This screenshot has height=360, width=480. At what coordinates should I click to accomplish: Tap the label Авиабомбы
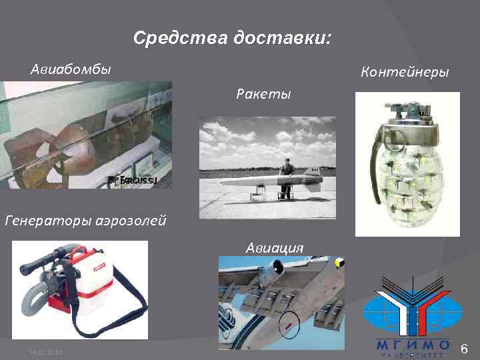coord(71,69)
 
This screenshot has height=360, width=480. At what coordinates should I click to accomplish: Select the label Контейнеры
coord(404,71)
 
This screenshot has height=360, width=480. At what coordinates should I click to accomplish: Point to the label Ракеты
coord(263,93)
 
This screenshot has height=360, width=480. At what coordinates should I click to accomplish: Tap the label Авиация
coord(275,247)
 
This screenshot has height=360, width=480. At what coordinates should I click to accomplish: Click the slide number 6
coord(465,348)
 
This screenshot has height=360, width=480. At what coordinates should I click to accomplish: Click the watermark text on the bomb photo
coord(141,180)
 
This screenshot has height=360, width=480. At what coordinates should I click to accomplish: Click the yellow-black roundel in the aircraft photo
coord(339,261)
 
